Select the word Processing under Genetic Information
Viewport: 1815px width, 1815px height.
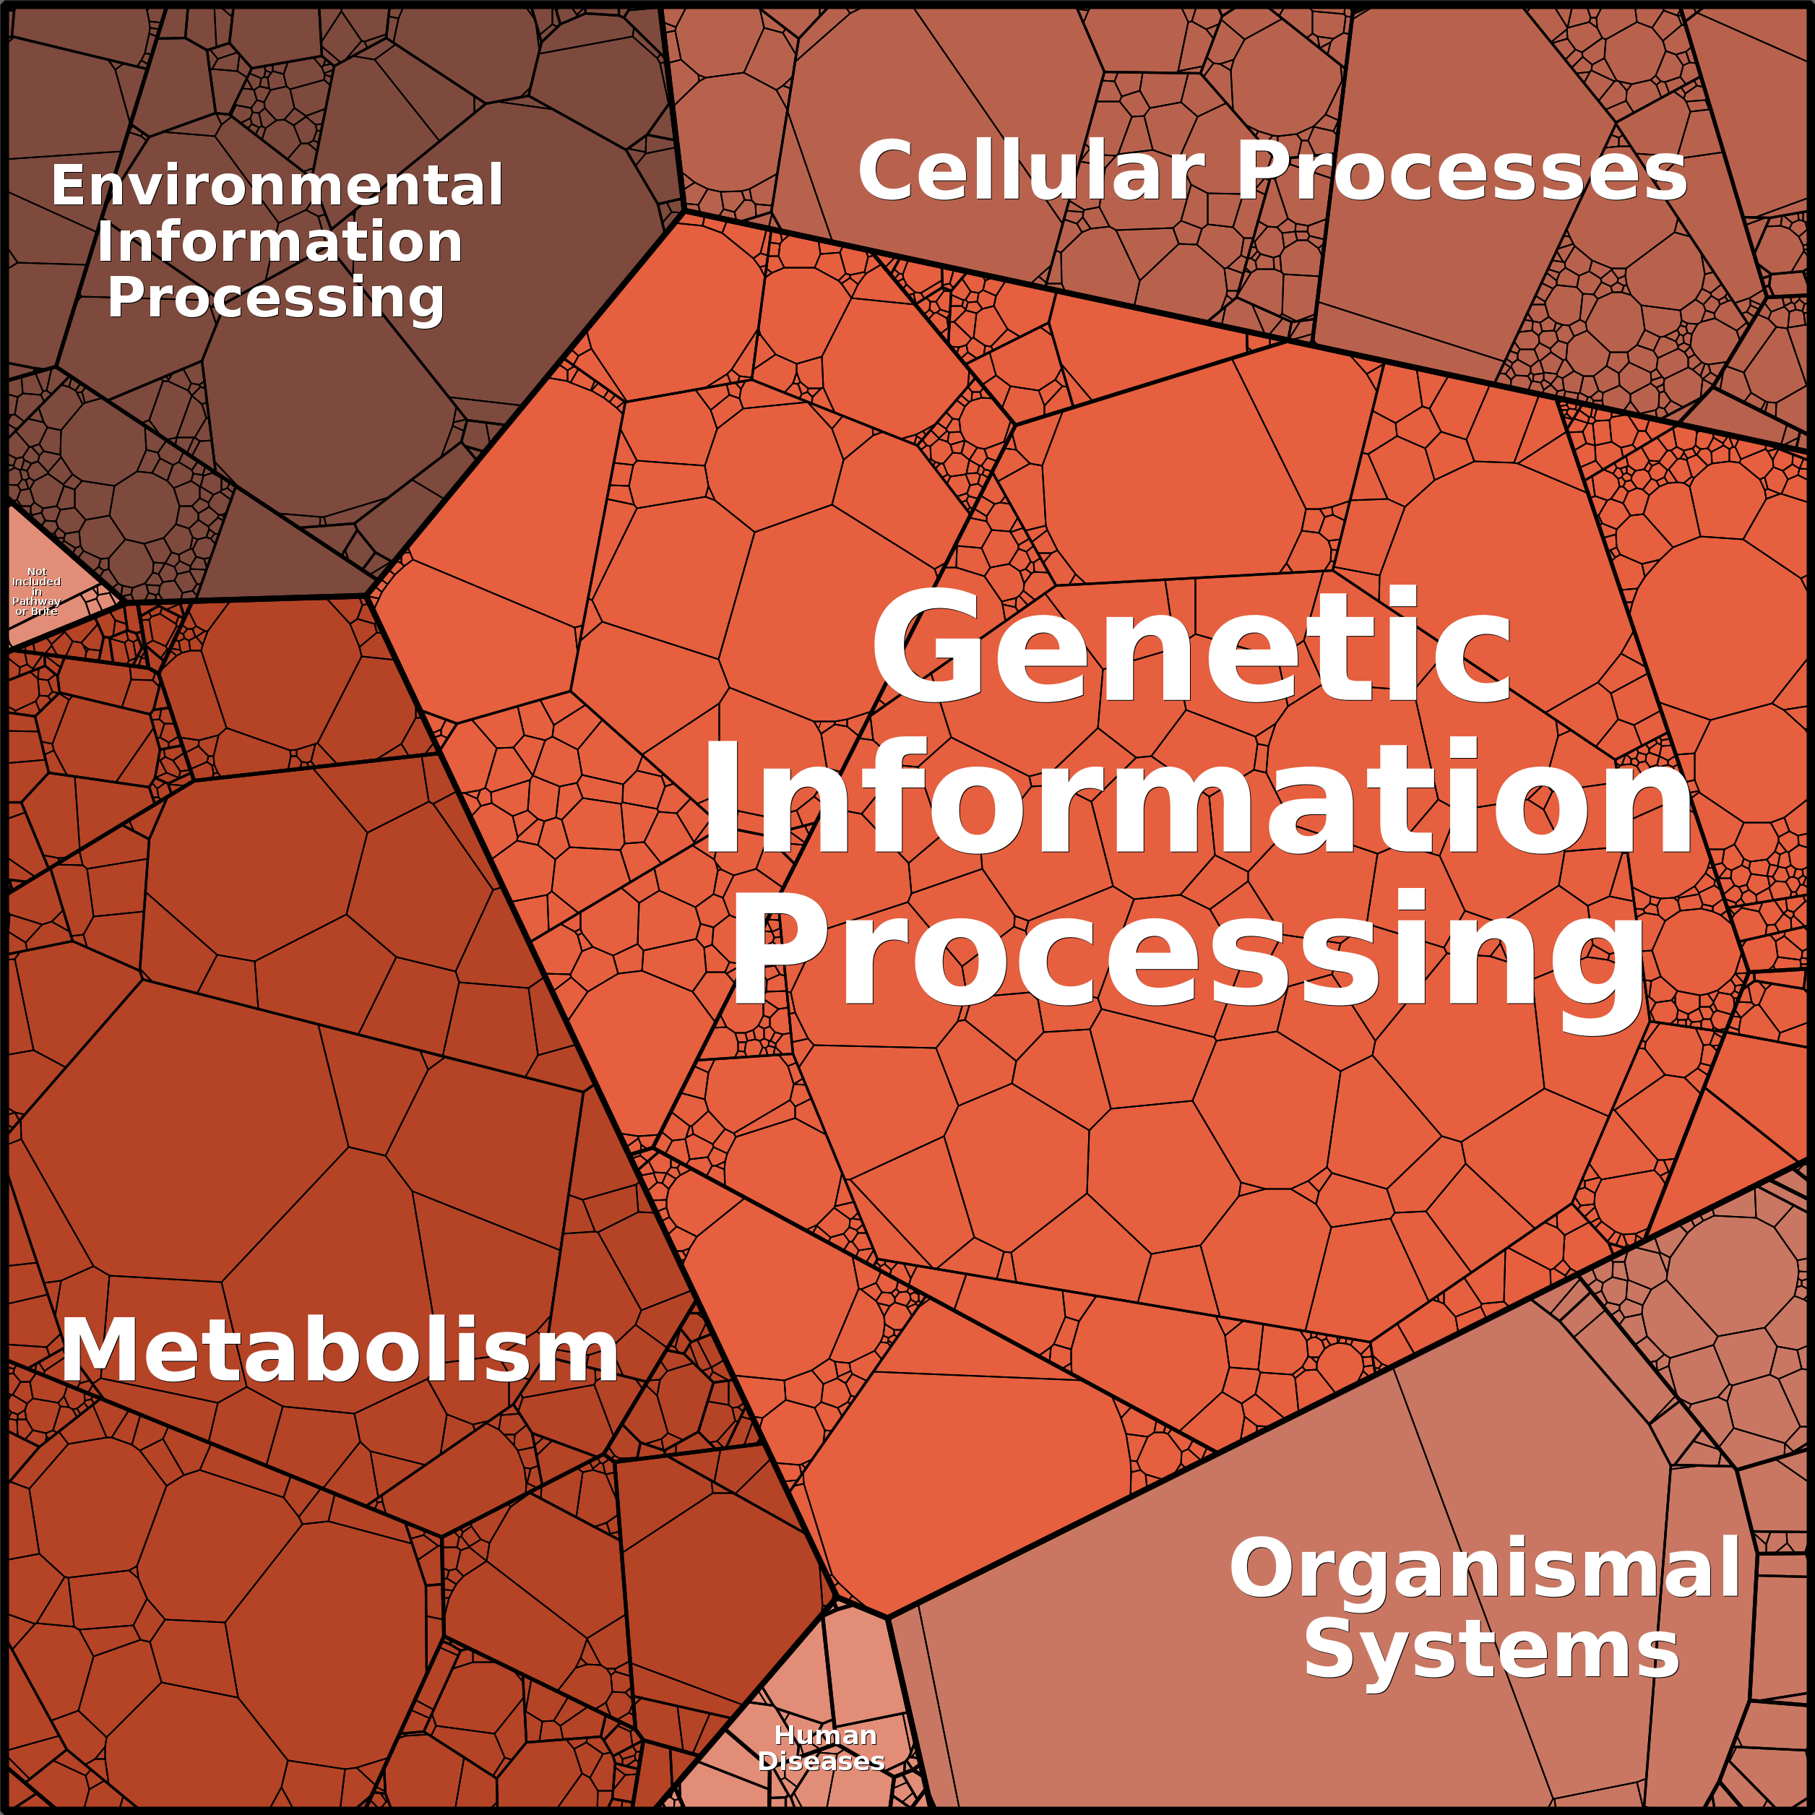(x=1189, y=951)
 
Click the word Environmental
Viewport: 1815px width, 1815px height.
(x=277, y=186)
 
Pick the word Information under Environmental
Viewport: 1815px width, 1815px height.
(x=280, y=242)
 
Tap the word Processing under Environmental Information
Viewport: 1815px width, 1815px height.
(x=276, y=298)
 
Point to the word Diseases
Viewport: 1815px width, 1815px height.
(x=821, y=1761)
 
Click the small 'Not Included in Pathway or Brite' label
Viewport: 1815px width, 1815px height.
(x=37, y=591)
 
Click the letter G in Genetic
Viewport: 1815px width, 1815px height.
(x=926, y=648)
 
